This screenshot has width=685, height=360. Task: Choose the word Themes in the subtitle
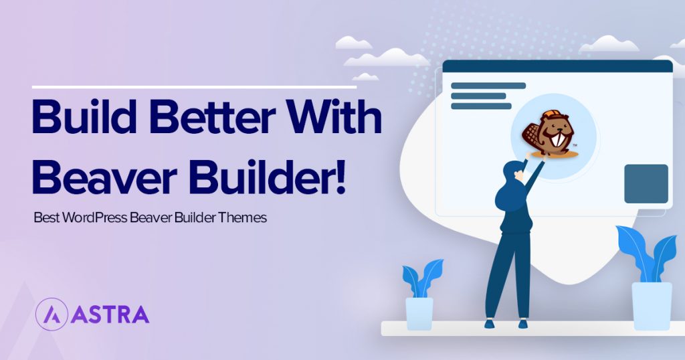243,219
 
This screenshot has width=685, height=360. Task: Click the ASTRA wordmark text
108,314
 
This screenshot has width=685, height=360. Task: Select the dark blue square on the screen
646,183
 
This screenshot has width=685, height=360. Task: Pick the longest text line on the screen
488,86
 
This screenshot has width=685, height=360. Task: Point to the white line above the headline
194,86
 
